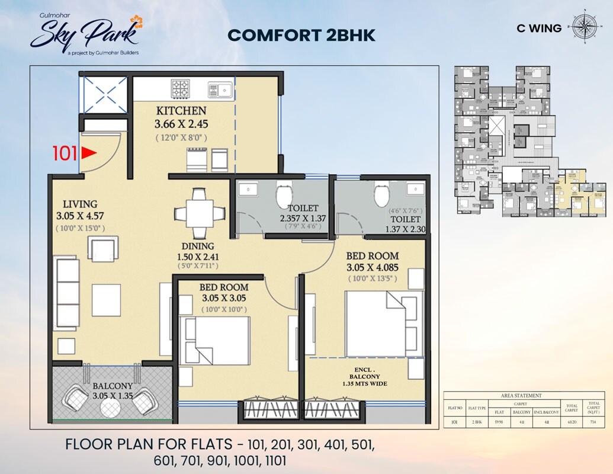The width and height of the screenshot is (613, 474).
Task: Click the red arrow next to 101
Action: (89, 153)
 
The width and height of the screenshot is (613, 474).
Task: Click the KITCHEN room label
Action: (181, 111)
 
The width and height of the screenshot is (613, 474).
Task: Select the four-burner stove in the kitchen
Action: (180, 88)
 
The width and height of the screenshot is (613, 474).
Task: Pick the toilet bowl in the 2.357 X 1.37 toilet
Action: (284, 196)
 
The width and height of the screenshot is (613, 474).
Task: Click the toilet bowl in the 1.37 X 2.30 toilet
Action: (382, 194)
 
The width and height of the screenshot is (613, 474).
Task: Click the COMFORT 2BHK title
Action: (301, 35)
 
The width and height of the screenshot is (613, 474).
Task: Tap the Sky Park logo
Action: (84, 34)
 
